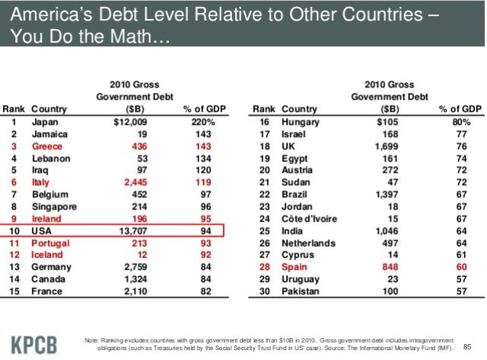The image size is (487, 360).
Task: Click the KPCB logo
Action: [34, 345]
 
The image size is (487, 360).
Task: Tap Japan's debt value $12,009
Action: [130, 122]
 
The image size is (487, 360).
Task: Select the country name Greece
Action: [47, 146]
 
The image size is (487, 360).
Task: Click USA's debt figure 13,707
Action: [133, 231]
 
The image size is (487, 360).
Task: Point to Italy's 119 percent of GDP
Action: [203, 183]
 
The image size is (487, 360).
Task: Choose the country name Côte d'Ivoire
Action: [309, 219]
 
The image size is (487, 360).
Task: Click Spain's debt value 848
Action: [390, 267]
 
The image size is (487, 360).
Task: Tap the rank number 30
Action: [265, 292]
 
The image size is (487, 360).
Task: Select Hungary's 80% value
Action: [461, 122]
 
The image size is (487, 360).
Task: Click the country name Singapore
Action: [54, 207]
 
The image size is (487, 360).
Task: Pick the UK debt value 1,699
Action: [387, 146]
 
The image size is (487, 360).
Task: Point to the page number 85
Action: [467, 346]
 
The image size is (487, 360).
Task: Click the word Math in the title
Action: [130, 37]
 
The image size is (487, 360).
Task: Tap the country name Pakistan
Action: [301, 292]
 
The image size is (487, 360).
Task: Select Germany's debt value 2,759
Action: [135, 267]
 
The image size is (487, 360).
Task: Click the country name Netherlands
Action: [308, 244]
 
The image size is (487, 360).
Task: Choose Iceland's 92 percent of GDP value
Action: [205, 255]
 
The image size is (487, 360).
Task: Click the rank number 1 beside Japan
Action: [14, 122]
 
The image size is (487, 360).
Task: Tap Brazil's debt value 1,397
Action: [387, 195]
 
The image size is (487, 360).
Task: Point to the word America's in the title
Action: [51, 14]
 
